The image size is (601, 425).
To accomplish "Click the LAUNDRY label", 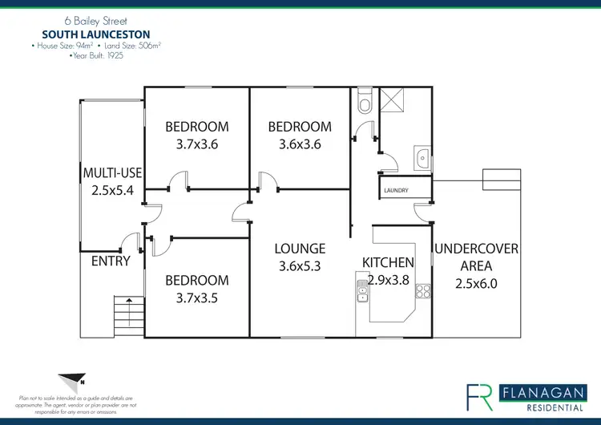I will tap(397, 190).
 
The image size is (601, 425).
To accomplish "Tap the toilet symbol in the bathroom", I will tap(365, 103).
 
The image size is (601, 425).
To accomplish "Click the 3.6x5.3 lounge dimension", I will tap(300, 266).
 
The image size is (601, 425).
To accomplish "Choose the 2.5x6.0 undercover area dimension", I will tap(476, 284).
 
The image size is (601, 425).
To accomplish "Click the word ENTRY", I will tap(111, 261).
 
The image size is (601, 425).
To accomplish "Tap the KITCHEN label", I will tap(388, 262).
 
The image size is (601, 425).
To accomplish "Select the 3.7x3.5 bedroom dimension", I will tap(196, 297).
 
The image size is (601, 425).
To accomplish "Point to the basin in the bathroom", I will tap(422, 157).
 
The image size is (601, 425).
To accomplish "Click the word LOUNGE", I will tap(300, 249).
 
